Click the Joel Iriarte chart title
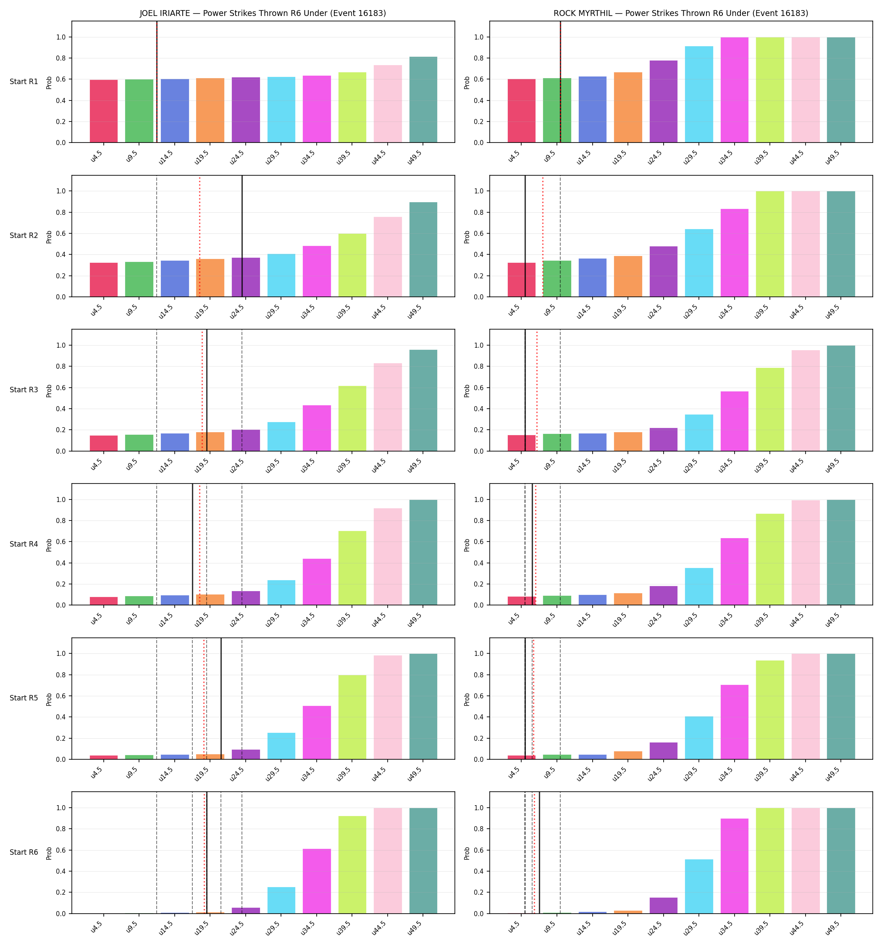(262, 13)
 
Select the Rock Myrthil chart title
(680, 13)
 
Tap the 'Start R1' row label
(24, 82)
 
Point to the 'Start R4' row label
(24, 544)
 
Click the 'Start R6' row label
(24, 852)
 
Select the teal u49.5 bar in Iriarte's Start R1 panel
(423, 100)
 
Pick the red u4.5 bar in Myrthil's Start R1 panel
(521, 111)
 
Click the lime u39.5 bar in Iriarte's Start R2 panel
(352, 265)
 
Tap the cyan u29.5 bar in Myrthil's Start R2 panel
(699, 263)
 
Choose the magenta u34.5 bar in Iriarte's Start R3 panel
(317, 428)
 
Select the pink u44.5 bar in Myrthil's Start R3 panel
(806, 401)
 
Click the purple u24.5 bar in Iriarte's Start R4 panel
(246, 598)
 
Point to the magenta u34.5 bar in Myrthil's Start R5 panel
(734, 722)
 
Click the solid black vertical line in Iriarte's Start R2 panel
(242, 236)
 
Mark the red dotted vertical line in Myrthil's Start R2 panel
(543, 236)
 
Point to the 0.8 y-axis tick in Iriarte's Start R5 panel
(63, 675)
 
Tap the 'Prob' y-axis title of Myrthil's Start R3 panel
(467, 391)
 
